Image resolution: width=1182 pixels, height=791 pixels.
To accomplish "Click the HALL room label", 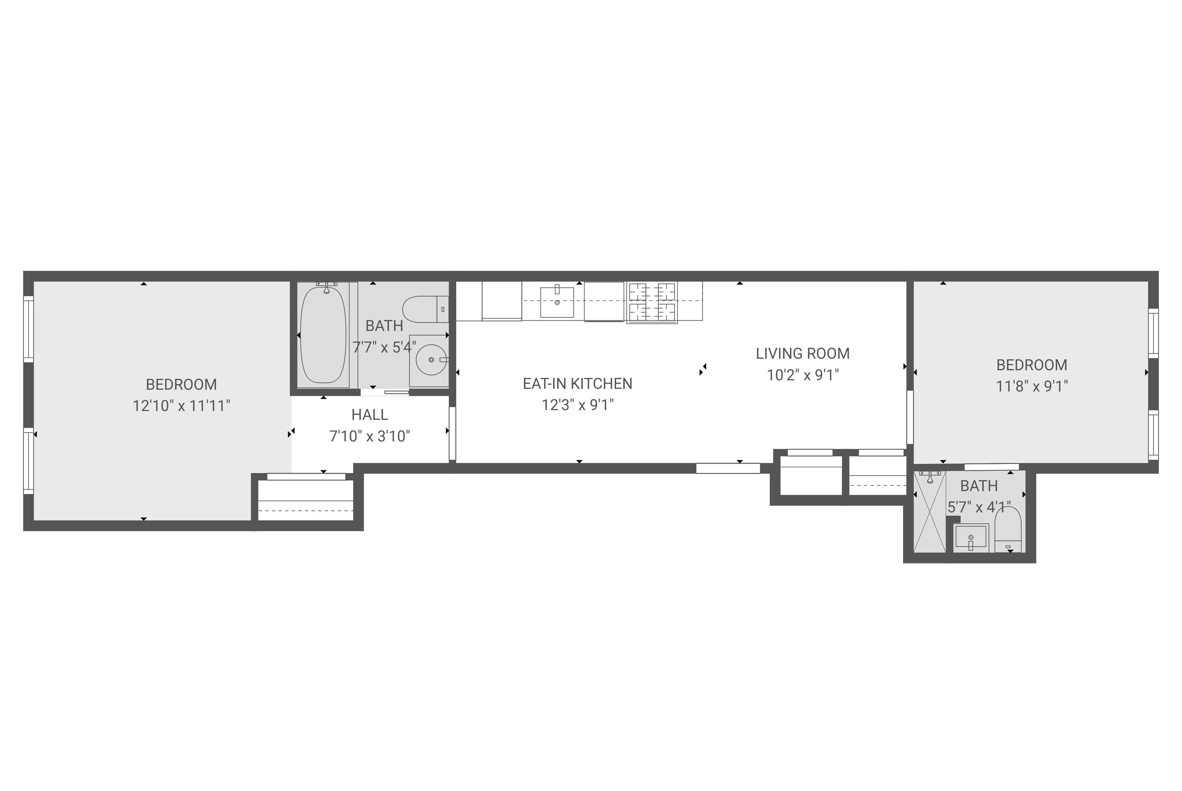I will [x=369, y=415].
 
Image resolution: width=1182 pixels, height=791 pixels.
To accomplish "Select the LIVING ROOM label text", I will [x=802, y=354].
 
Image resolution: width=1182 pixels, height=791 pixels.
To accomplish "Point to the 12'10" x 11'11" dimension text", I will [x=181, y=406].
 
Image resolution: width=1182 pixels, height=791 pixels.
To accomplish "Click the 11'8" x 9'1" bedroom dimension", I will [x=1031, y=386].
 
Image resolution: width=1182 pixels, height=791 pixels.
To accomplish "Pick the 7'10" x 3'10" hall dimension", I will [x=369, y=436].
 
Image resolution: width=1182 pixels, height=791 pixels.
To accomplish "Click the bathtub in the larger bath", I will [x=323, y=335].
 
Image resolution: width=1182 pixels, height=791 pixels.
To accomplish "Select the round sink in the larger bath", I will [x=431, y=360].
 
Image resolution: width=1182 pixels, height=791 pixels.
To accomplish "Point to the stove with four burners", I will [x=652, y=302].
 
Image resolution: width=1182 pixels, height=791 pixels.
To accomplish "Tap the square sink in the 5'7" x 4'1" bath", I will [x=971, y=538].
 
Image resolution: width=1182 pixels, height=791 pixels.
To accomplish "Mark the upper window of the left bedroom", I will [x=29, y=329].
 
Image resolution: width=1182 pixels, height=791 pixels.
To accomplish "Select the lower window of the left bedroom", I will [x=29, y=461].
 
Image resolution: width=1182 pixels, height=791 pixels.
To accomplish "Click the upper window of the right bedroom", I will [x=1153, y=334].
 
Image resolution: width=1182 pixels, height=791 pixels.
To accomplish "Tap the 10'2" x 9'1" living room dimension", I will [x=802, y=375].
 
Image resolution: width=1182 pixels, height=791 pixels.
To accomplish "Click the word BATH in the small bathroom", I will [x=979, y=486].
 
